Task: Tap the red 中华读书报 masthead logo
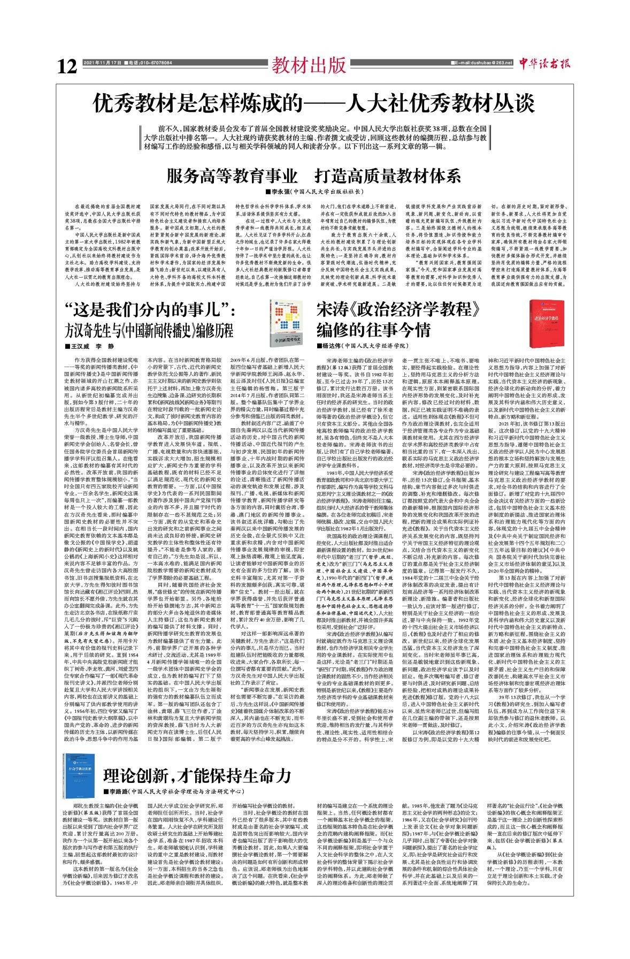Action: point(544,64)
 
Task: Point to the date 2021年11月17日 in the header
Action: point(103,63)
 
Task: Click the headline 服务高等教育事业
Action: point(232,176)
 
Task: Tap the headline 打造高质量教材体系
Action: point(388,176)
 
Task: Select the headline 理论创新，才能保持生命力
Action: point(197,775)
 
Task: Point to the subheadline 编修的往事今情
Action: point(373,329)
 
